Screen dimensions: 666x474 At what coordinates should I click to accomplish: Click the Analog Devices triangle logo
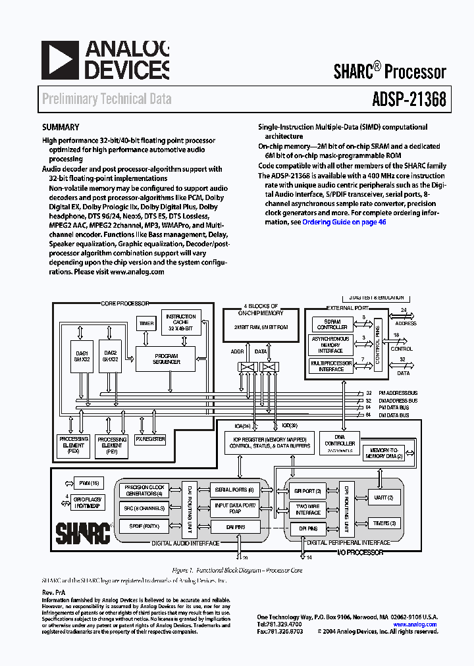[59, 61]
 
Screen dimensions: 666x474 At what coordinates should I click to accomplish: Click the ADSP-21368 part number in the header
[404, 99]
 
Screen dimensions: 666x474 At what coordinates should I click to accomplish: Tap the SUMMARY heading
[61, 128]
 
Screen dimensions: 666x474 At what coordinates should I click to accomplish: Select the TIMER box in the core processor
[145, 324]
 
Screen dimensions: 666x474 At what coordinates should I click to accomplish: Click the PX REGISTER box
[150, 438]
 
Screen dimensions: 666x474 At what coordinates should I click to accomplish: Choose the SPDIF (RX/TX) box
[148, 526]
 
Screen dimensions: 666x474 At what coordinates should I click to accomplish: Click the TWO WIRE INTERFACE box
[307, 509]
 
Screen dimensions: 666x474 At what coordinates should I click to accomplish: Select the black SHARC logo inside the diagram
[82, 532]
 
